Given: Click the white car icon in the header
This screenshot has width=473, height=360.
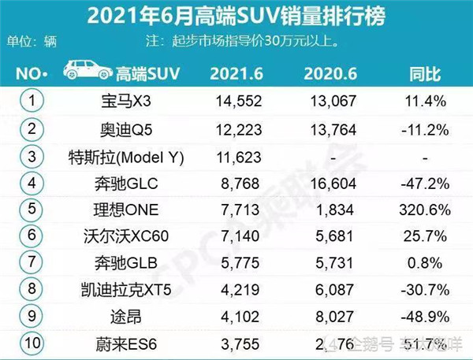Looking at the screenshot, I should pyautogui.click(x=86, y=72).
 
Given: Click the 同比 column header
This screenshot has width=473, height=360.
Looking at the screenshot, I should pyautogui.click(x=426, y=74).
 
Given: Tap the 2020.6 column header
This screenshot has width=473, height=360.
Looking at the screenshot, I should pyautogui.click(x=332, y=74).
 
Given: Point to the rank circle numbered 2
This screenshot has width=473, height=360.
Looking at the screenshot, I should pyautogui.click(x=31, y=129).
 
